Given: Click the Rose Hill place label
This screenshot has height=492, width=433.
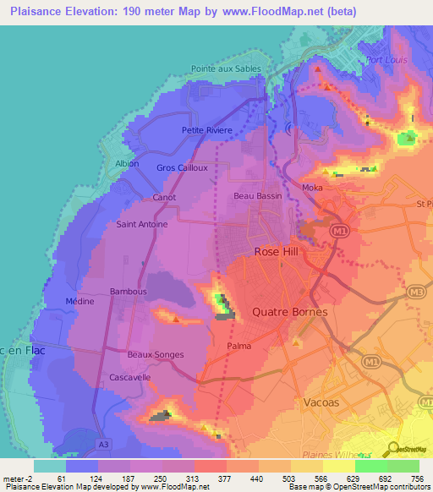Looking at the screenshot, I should point(278,252).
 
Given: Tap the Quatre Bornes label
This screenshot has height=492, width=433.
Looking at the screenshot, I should point(290,311).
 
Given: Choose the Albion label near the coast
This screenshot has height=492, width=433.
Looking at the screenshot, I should point(126,163).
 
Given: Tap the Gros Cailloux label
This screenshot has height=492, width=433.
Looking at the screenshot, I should point(182,167).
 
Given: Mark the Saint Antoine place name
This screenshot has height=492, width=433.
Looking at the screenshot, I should point(141,224).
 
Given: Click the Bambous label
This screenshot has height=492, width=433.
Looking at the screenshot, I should point(129,292).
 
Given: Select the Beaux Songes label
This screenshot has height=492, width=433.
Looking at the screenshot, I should point(155,354).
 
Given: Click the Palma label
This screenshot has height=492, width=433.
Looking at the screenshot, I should point(239,346).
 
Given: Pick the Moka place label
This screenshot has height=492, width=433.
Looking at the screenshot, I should point(313,187).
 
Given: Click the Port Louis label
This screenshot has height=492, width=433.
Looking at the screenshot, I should point(388,60).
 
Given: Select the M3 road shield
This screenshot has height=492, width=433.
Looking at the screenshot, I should point(414,292).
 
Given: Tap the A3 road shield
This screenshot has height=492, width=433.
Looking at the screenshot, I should point(103,443).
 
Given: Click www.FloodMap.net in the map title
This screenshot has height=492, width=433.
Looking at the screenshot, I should point(260,12).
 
